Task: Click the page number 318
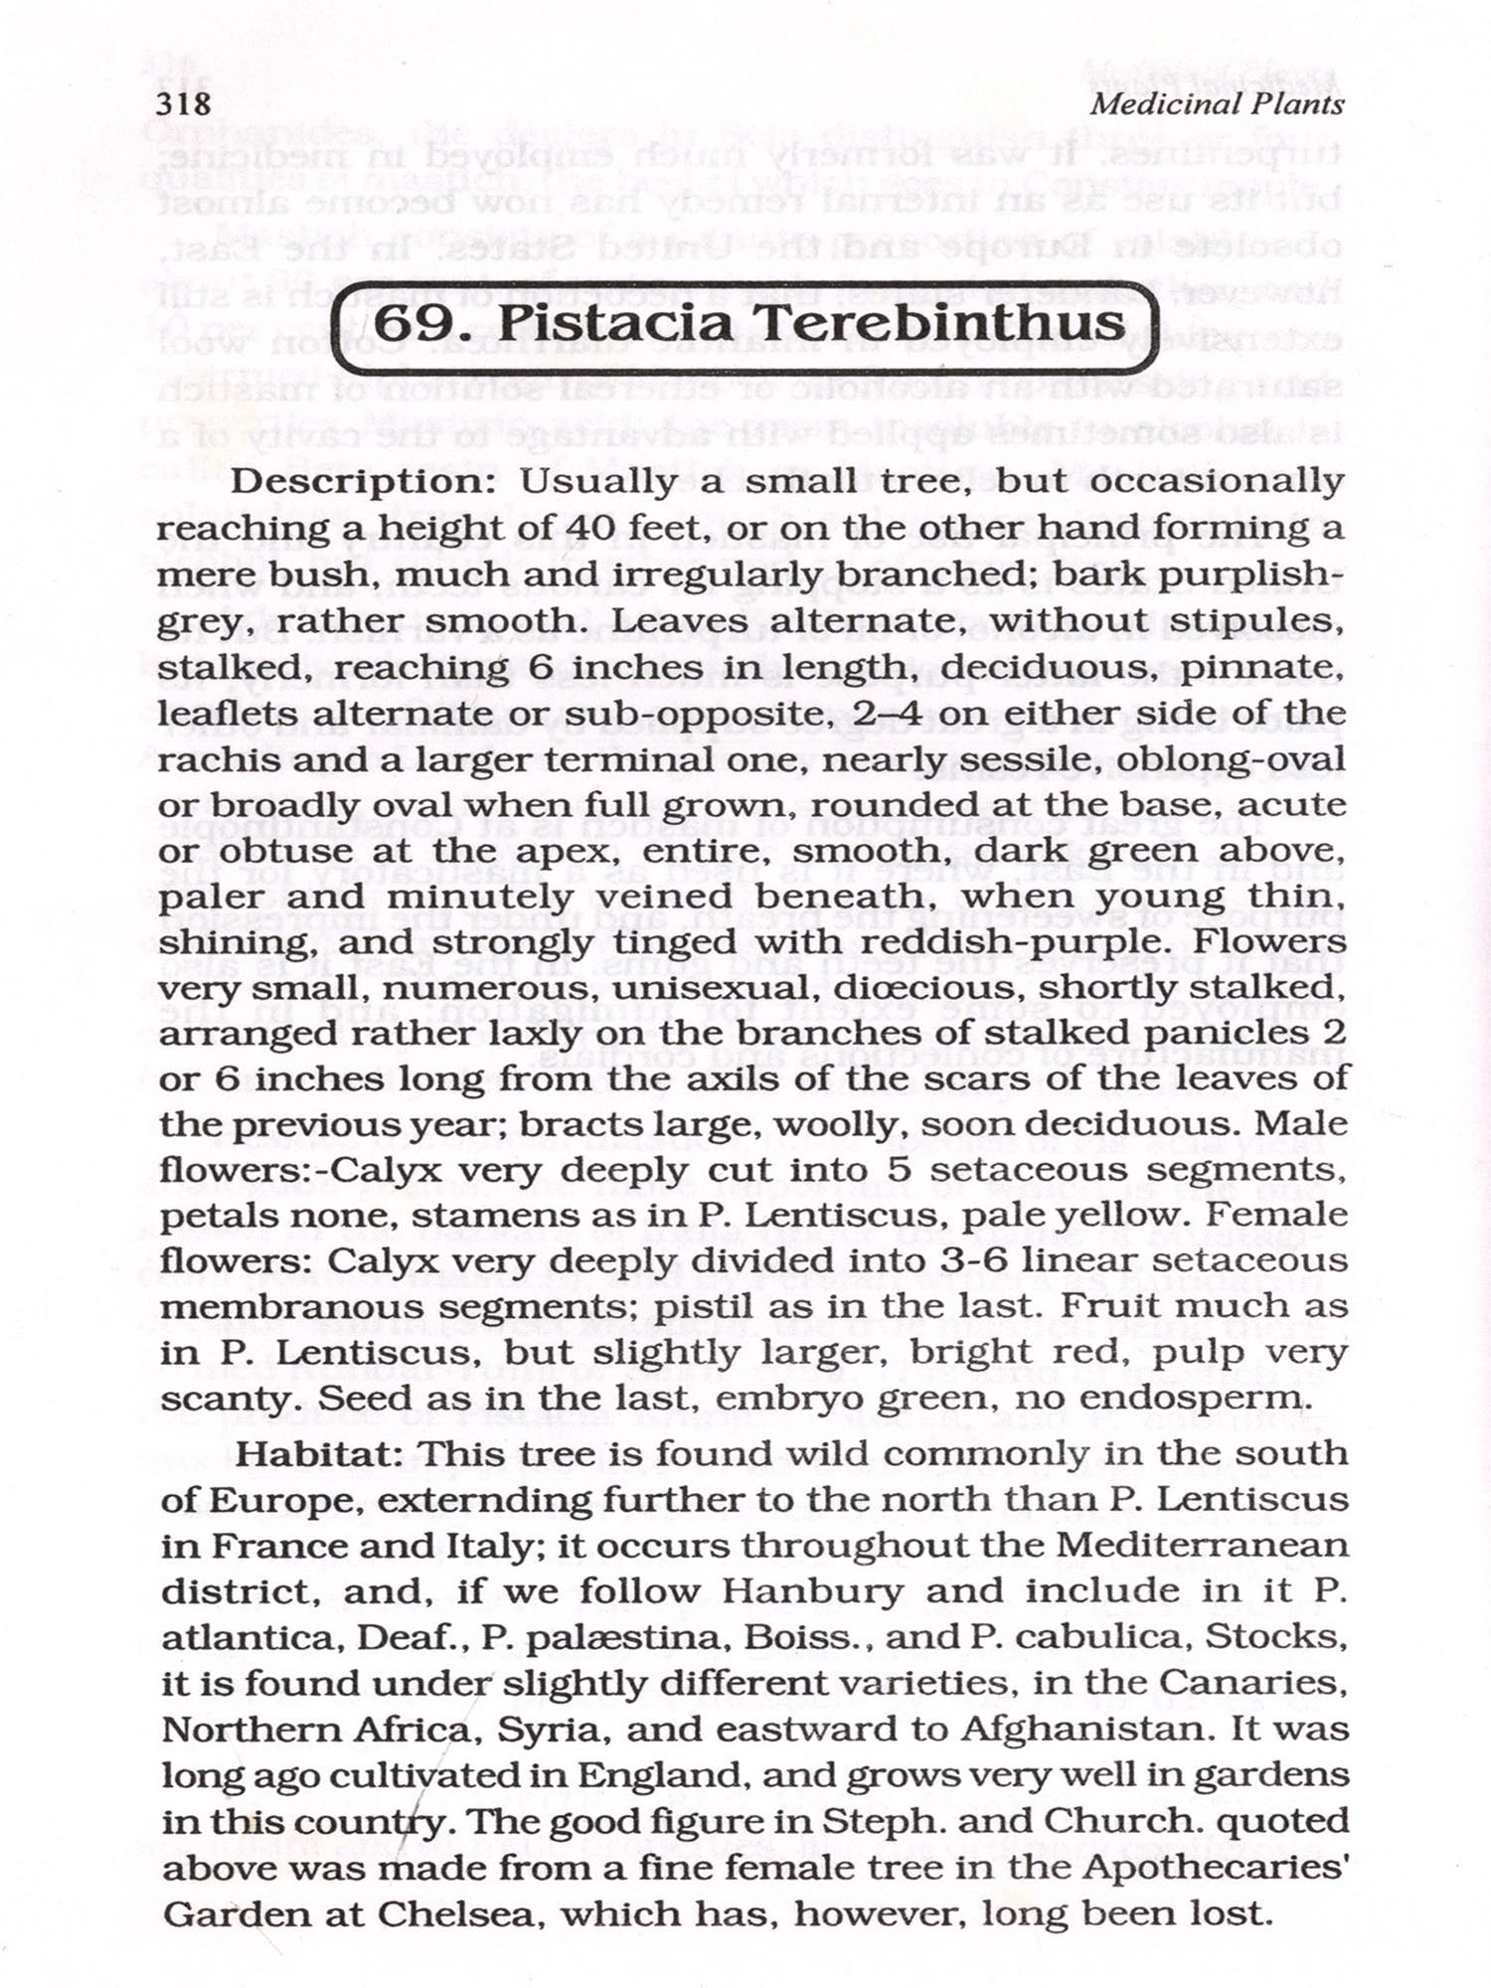(184, 103)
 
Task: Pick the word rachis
(214, 759)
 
